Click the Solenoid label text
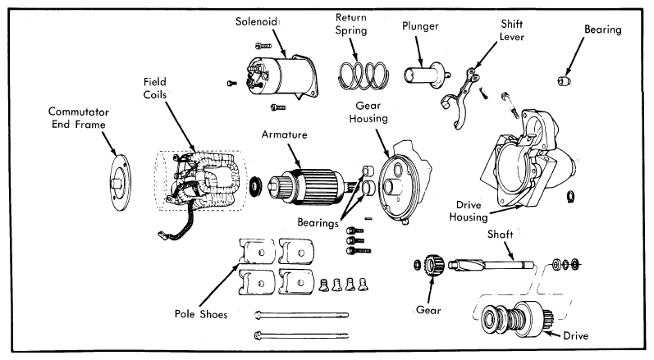point(256,21)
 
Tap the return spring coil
point(363,75)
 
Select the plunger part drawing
point(426,75)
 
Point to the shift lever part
point(459,98)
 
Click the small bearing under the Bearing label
point(564,81)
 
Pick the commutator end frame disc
point(120,182)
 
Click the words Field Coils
point(155,89)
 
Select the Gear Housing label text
point(368,112)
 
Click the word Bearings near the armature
point(318,222)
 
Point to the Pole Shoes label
point(201,314)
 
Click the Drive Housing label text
point(469,211)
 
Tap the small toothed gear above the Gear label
point(434,265)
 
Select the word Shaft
point(500,235)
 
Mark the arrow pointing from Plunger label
point(418,52)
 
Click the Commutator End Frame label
point(79,118)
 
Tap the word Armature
point(285,134)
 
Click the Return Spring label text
point(351,24)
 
